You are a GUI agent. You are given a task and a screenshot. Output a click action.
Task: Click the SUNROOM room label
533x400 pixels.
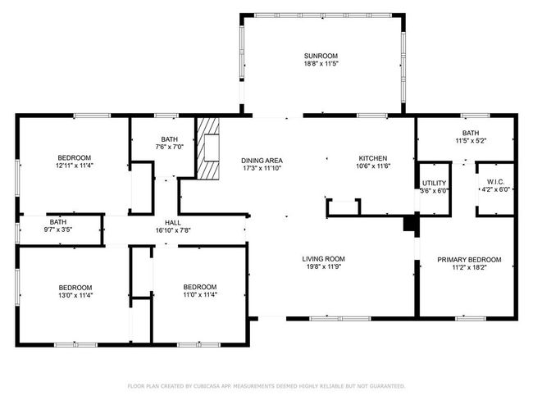[x=321, y=56]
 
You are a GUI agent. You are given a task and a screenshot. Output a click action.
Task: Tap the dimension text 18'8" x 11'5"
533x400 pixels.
[x=321, y=64]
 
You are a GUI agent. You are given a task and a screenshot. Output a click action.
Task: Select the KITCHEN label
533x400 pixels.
[x=373, y=158]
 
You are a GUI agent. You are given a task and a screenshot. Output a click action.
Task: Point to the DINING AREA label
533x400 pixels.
[x=262, y=161]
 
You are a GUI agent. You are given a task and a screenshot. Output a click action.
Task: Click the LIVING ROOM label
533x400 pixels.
[x=324, y=259]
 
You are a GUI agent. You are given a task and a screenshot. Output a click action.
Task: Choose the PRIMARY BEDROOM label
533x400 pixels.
[x=469, y=260]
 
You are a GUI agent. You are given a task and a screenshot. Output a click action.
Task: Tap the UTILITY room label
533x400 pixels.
[x=434, y=183]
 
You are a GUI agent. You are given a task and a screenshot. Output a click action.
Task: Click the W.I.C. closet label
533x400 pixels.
[x=495, y=182]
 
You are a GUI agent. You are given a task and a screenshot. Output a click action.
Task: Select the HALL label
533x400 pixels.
[x=173, y=223]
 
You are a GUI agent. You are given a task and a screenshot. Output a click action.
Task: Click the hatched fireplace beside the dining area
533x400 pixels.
[x=208, y=148]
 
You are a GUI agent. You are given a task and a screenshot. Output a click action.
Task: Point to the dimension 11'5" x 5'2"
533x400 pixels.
[x=471, y=141]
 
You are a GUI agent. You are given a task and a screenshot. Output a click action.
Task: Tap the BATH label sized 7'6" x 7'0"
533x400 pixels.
[x=169, y=139]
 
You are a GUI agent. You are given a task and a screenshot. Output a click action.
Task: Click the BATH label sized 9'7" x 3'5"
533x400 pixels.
[x=58, y=222]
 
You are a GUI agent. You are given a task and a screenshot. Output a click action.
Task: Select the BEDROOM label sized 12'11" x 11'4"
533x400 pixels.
[x=75, y=158]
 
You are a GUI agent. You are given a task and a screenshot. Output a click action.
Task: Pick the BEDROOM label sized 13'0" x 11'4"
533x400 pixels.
[x=75, y=288]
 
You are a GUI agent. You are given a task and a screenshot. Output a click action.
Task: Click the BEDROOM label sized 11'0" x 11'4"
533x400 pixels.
[x=200, y=287]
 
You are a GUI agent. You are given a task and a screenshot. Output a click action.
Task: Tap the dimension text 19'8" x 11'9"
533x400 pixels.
[x=324, y=266]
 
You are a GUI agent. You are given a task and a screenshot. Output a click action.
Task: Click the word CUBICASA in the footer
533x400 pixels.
[x=207, y=386]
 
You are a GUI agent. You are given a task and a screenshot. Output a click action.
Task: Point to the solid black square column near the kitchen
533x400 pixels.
[x=409, y=225]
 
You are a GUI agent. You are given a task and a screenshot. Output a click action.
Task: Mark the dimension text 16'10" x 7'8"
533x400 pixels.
[x=173, y=230]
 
